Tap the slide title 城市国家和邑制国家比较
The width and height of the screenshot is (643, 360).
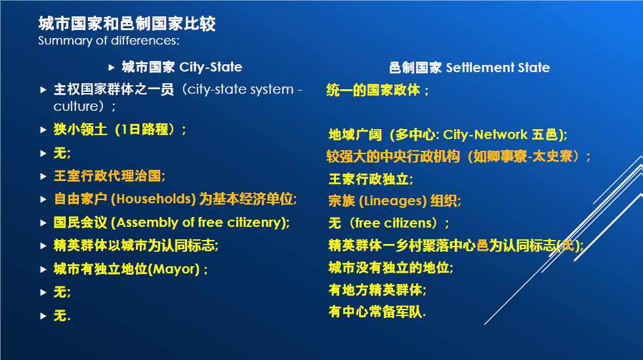(127, 24)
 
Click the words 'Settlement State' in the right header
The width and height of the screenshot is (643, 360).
(498, 68)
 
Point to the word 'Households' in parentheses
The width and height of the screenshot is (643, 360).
(154, 199)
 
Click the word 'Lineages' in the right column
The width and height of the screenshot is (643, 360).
(393, 201)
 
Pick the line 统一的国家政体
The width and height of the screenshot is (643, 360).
(377, 90)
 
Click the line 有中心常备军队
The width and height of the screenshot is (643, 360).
(377, 312)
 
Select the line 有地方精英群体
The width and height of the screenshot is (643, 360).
(377, 290)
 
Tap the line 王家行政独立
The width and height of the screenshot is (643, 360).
(371, 179)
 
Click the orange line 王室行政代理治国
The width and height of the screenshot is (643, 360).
(110, 176)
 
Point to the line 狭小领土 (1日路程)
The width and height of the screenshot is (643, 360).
(119, 130)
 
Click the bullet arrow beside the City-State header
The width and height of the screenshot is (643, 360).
(111, 68)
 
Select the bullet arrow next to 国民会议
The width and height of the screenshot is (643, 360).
(43, 223)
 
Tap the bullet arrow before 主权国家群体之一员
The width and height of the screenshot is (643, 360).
(43, 90)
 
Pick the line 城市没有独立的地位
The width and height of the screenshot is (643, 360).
(391, 268)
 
